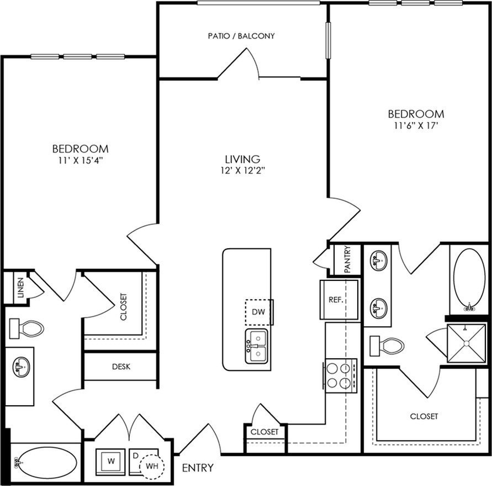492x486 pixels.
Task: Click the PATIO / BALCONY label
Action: pyautogui.click(x=241, y=36)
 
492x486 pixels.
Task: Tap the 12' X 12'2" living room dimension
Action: pyautogui.click(x=243, y=171)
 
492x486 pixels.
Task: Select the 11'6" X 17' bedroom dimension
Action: pyautogui.click(x=416, y=126)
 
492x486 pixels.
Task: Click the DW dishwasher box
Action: pyautogui.click(x=258, y=312)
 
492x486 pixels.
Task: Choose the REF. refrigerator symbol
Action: pyautogui.click(x=339, y=300)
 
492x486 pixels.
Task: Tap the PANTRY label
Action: pyautogui.click(x=348, y=259)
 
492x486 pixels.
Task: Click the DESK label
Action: pyautogui.click(x=121, y=367)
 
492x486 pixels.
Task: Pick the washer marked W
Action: pyautogui.click(x=110, y=461)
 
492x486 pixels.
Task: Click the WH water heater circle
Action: pyautogui.click(x=151, y=467)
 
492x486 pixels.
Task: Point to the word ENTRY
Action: pyautogui.click(x=198, y=468)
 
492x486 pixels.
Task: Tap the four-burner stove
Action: pyautogui.click(x=341, y=376)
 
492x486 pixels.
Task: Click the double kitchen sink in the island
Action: pyautogui.click(x=257, y=346)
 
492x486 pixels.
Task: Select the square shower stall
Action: pyautogui.click(x=466, y=343)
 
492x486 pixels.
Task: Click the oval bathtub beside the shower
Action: pyautogui.click(x=469, y=280)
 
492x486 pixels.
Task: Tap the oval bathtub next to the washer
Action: pyautogui.click(x=46, y=463)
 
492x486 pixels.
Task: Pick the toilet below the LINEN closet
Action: pyautogui.click(x=27, y=328)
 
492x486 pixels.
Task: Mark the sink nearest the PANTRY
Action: pyautogui.click(x=379, y=259)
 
